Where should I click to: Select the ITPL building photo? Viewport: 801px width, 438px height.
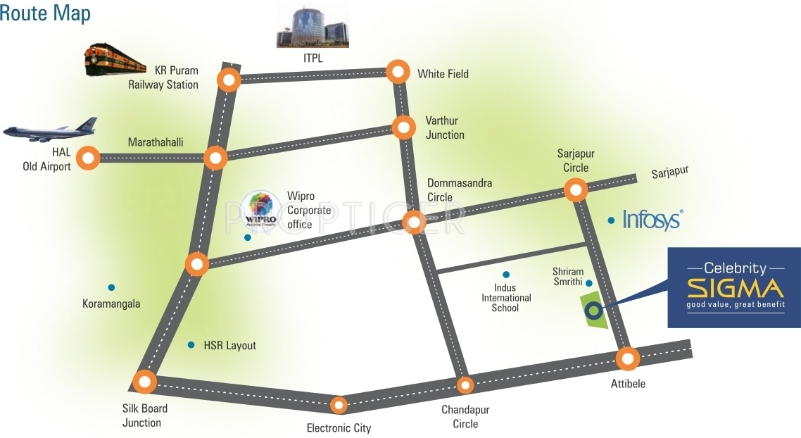[x=312, y=27]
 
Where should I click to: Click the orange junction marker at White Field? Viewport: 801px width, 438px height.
[x=398, y=72]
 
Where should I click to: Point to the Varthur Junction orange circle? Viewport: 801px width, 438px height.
[x=403, y=127]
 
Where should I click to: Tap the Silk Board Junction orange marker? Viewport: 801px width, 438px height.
[x=145, y=382]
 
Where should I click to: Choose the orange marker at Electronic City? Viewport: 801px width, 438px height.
[x=339, y=405]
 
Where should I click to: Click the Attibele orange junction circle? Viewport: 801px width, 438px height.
[x=628, y=359]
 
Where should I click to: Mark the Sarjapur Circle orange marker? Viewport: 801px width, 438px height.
[x=576, y=189]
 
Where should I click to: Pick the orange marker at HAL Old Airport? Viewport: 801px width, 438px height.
[x=88, y=158]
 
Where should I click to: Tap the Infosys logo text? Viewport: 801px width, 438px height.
[x=652, y=220]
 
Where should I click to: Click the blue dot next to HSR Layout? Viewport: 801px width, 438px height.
[x=190, y=345]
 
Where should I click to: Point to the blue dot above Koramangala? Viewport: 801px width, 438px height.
[x=111, y=287]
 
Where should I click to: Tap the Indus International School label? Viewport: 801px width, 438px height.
[x=506, y=298]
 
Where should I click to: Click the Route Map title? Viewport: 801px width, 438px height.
[x=45, y=13]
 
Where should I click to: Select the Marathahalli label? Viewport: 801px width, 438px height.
[x=156, y=142]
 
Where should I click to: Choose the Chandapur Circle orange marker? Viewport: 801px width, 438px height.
[x=465, y=385]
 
